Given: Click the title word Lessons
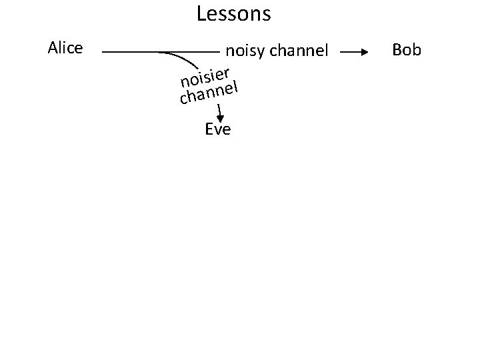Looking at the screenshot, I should point(234,13).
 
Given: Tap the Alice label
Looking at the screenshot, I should point(65,48).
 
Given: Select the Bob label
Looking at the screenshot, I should point(407,50).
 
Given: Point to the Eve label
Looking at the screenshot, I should point(218,129).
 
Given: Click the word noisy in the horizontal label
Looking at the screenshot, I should point(246,51).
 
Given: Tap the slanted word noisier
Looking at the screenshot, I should point(205,77).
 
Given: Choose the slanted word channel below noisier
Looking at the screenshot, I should point(209,94).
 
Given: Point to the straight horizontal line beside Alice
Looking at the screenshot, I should point(133,51).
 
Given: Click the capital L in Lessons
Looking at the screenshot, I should point(201,13).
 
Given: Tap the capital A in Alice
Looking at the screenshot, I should point(53,48).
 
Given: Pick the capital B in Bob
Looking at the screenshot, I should point(397,50).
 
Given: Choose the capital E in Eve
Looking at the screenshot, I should point(209,129).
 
